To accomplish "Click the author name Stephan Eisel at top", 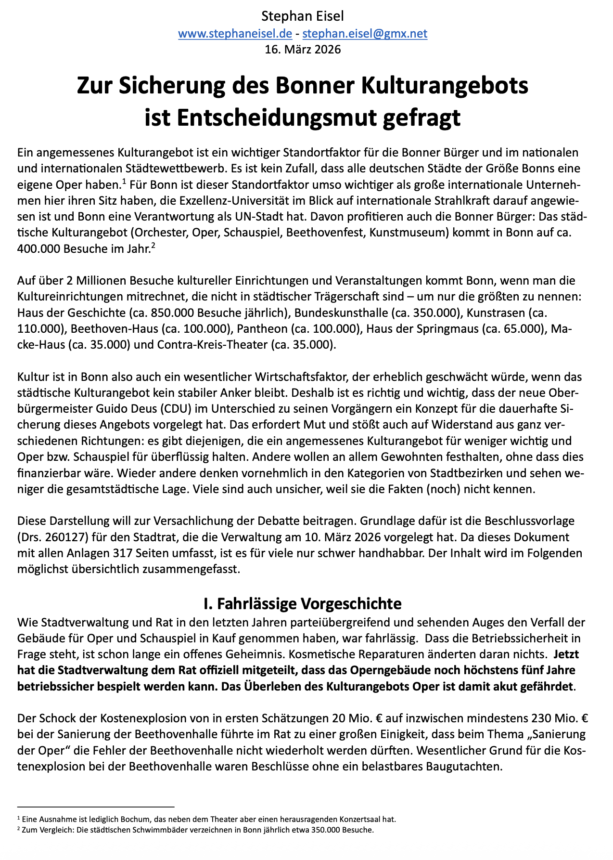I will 303,16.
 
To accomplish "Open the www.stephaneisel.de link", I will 235,33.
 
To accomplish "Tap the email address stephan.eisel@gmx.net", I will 365,33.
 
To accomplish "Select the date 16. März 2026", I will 303,49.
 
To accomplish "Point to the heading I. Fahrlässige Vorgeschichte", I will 303,603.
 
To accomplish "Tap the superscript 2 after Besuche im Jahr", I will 153,246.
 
